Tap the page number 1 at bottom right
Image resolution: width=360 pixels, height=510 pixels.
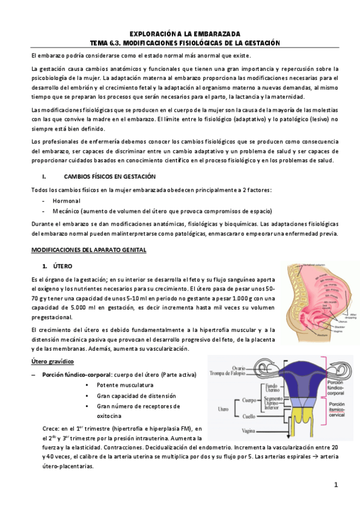(337, 485)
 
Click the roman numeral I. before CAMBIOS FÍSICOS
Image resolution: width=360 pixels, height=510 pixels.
(44, 177)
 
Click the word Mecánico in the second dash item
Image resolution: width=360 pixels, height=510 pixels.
(67, 211)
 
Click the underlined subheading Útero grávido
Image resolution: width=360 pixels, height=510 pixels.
(52, 361)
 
